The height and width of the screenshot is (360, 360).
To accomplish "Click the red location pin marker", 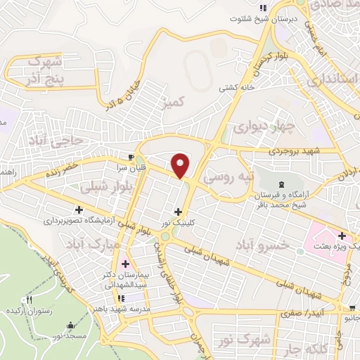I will [x=181, y=165].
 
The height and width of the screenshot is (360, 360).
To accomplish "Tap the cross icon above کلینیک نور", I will [x=178, y=211].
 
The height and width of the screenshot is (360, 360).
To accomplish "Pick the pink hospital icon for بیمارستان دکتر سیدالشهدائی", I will [x=125, y=264].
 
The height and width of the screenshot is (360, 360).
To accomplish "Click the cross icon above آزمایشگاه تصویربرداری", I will [x=79, y=210].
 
